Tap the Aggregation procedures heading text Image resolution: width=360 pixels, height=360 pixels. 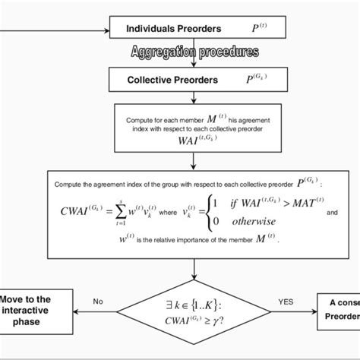tap(194, 53)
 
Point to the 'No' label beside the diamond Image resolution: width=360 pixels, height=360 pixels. tap(98, 302)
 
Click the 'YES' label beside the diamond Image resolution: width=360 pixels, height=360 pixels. tap(285, 302)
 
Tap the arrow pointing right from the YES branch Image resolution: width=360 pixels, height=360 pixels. tap(304, 311)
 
